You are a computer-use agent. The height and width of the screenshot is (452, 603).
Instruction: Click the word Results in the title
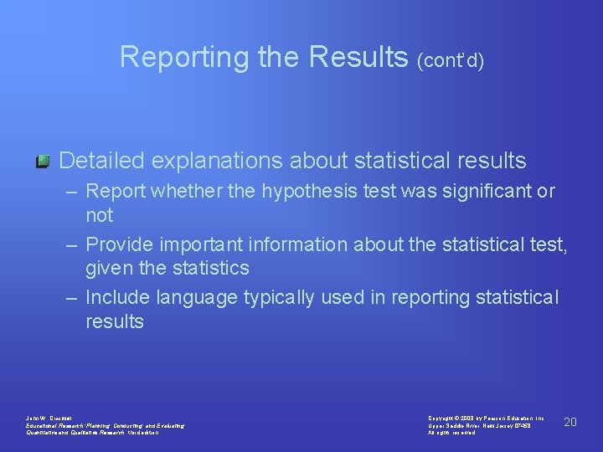359,57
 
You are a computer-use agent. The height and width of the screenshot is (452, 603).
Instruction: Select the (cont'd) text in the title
451,61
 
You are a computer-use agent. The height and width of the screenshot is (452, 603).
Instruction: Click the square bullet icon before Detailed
44,160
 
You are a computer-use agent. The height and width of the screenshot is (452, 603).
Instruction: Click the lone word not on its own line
99,215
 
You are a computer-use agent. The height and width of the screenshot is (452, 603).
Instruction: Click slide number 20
570,422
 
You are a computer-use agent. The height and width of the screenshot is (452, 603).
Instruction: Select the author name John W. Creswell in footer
50,418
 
